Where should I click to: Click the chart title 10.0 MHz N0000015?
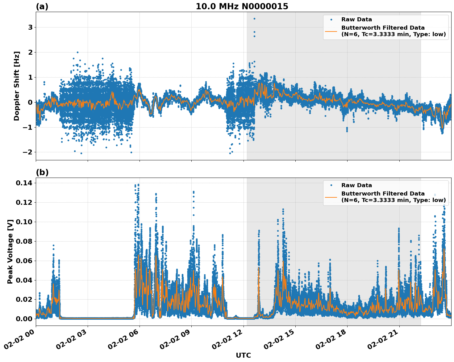(x=242, y=6)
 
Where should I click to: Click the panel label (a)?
(x=42, y=6)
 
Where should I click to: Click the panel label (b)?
(x=42, y=172)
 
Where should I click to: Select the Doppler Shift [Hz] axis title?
(x=17, y=86)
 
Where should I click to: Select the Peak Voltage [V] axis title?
(x=10, y=251)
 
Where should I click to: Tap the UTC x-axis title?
(x=243, y=355)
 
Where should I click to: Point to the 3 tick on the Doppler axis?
(x=30, y=27)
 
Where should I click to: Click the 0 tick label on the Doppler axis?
(x=30, y=102)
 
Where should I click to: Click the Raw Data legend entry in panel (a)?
(x=356, y=19)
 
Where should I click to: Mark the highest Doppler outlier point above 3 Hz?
(x=254, y=19)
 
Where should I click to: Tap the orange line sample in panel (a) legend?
(x=331, y=31)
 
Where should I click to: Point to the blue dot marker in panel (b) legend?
(x=331, y=185)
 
